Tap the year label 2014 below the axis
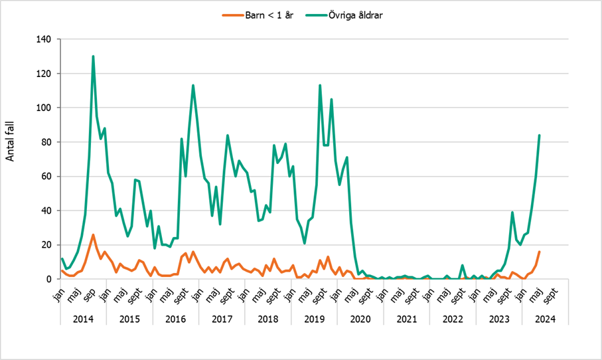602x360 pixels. (x=83, y=319)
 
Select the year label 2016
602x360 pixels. (x=175, y=319)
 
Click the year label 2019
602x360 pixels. (x=314, y=319)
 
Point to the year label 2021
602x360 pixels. (x=406, y=319)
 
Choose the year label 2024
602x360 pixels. (x=545, y=319)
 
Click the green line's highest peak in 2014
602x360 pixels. (x=93, y=56)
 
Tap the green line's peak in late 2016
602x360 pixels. (x=193, y=86)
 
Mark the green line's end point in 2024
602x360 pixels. (x=539, y=135)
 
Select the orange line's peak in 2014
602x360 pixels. (x=93, y=234)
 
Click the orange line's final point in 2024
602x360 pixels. (x=539, y=252)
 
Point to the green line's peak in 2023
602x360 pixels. (x=512, y=213)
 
